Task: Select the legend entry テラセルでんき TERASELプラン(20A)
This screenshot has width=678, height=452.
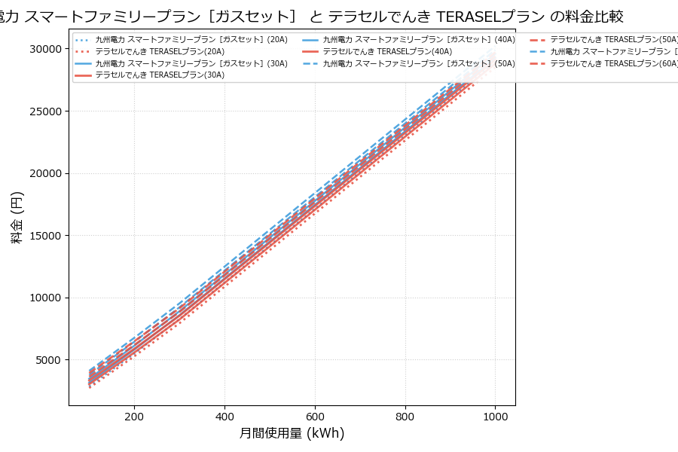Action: pyautogui.click(x=159, y=51)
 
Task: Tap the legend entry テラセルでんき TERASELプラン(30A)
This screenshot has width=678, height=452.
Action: pyautogui.click(x=159, y=75)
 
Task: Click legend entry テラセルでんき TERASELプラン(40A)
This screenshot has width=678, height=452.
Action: pyautogui.click(x=387, y=51)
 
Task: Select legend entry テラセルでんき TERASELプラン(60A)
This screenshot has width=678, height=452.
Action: pyautogui.click(x=614, y=63)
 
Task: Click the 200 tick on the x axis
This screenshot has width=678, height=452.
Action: pyautogui.click(x=134, y=416)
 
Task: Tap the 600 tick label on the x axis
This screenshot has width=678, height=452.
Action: pyautogui.click(x=315, y=416)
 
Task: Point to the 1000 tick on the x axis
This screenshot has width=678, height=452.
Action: pyautogui.click(x=495, y=416)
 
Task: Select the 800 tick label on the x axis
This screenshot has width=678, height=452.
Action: pyautogui.click(x=405, y=416)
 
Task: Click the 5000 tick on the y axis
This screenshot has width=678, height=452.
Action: pyautogui.click(x=49, y=360)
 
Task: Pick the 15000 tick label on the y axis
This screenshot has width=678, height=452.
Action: pyautogui.click(x=46, y=236)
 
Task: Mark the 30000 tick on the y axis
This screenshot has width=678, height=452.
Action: pyautogui.click(x=46, y=49)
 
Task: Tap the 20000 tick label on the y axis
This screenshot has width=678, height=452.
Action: pyautogui.click(x=46, y=173)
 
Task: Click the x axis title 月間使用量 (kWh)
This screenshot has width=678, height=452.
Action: pyautogui.click(x=292, y=434)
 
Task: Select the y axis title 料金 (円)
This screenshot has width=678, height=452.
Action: pyautogui.click(x=17, y=217)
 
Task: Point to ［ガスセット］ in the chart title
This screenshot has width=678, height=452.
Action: pyautogui.click(x=255, y=17)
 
